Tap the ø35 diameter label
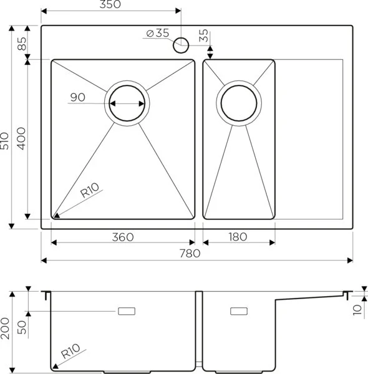[158, 33]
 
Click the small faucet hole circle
[182, 44]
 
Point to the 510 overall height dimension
[6, 144]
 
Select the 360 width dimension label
[122, 237]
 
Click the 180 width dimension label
[238, 237]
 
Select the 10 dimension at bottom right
[356, 309]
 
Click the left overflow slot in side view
[128, 310]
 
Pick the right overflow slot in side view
[239, 310]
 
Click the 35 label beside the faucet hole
[203, 36]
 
